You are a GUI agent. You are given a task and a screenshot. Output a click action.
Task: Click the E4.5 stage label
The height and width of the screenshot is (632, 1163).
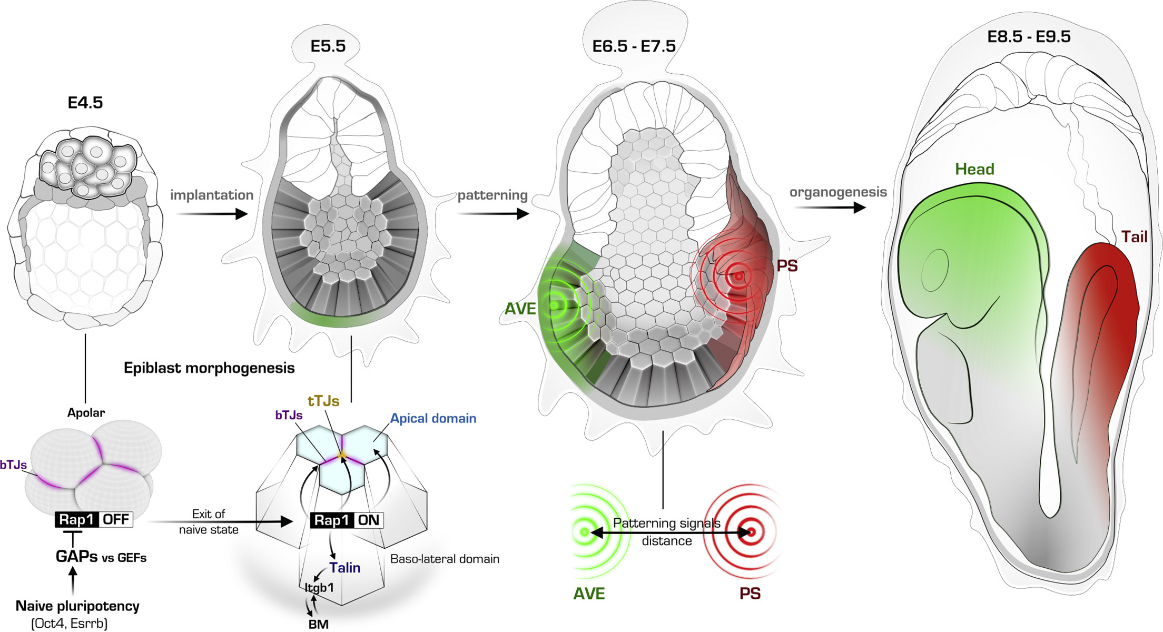(x=85, y=102)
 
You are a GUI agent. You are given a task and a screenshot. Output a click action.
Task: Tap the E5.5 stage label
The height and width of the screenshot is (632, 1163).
(x=328, y=46)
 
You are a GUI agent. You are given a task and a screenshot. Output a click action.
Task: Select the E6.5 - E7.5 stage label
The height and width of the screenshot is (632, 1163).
(x=634, y=46)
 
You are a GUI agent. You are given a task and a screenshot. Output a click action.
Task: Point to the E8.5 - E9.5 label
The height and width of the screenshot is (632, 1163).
(x=1029, y=36)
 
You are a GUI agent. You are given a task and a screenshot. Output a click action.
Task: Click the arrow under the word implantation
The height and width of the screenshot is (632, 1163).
(x=211, y=214)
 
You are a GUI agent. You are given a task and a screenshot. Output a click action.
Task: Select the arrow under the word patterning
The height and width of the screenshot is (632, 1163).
(x=493, y=214)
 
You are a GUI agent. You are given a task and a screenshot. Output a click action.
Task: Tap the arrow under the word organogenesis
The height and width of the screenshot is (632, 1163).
(x=830, y=208)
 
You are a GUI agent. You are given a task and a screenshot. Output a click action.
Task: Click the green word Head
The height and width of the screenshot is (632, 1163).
(x=974, y=169)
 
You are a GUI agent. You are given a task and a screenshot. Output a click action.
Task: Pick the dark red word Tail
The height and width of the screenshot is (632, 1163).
(x=1134, y=237)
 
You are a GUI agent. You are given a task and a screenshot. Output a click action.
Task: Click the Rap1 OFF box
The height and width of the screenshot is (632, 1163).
(x=94, y=520)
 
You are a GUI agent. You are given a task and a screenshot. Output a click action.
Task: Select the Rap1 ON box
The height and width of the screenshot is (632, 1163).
(x=347, y=520)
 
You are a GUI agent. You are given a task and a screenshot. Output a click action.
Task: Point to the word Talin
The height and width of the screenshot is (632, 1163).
(x=345, y=568)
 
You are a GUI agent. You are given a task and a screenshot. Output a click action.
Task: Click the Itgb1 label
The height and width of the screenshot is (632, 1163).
(x=319, y=587)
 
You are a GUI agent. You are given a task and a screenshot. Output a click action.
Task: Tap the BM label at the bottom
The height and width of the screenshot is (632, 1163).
(x=319, y=624)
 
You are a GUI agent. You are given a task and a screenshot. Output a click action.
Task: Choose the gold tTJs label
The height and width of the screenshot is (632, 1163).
(x=323, y=401)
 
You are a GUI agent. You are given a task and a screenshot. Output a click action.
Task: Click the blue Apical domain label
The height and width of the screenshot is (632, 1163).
(x=433, y=419)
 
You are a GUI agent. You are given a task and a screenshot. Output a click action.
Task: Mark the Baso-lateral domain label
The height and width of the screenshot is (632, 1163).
(x=445, y=559)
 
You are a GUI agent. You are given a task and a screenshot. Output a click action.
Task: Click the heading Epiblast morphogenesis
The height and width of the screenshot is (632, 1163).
(x=209, y=368)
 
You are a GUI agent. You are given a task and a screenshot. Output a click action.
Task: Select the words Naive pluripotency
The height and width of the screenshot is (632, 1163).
(x=77, y=606)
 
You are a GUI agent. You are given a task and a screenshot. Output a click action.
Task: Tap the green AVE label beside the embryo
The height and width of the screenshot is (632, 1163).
(x=520, y=309)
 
